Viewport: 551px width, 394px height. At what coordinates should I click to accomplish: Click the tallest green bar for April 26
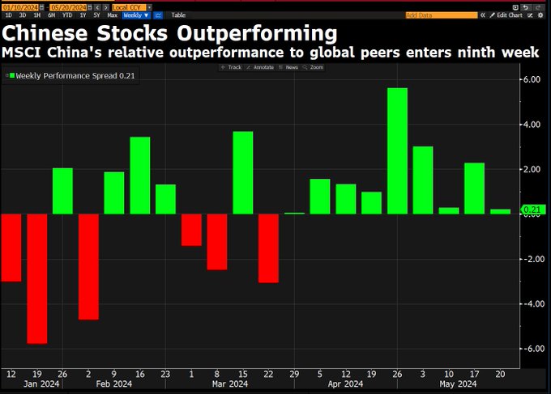(x=397, y=150)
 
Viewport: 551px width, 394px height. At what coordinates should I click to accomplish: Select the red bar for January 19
(x=37, y=278)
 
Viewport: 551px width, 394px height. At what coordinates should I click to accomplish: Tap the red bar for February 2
(x=88, y=266)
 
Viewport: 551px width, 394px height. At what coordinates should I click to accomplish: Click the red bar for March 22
(x=268, y=248)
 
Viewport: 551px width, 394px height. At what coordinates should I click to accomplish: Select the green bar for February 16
(x=139, y=176)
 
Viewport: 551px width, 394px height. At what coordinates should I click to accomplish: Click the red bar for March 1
(x=191, y=229)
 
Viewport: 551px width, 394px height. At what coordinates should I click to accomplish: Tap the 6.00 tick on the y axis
(x=531, y=79)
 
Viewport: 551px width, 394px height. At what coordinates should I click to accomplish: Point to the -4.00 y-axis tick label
(x=531, y=304)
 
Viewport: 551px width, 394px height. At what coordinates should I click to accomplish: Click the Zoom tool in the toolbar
(x=313, y=67)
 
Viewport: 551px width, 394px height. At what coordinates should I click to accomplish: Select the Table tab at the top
(x=178, y=15)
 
